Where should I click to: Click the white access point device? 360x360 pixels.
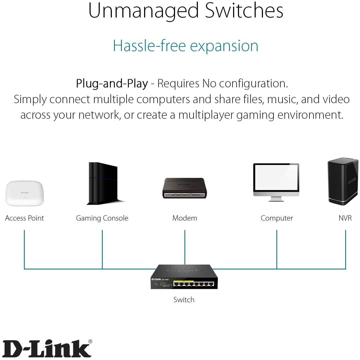[24, 193]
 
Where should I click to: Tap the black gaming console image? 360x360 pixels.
[104, 183]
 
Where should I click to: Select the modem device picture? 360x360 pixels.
[184, 188]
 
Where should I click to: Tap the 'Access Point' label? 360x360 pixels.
[24, 218]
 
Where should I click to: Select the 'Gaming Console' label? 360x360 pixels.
[102, 218]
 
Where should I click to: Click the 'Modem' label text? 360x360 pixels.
[185, 218]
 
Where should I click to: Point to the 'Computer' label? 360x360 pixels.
[277, 218]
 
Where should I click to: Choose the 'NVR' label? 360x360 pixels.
[345, 218]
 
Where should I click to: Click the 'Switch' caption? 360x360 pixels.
[184, 300]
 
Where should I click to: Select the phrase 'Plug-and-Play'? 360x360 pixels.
[112, 84]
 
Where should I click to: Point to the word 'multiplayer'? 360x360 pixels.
[206, 115]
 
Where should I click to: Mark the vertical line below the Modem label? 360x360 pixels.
[185, 247]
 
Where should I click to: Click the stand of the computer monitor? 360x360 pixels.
[276, 199]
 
